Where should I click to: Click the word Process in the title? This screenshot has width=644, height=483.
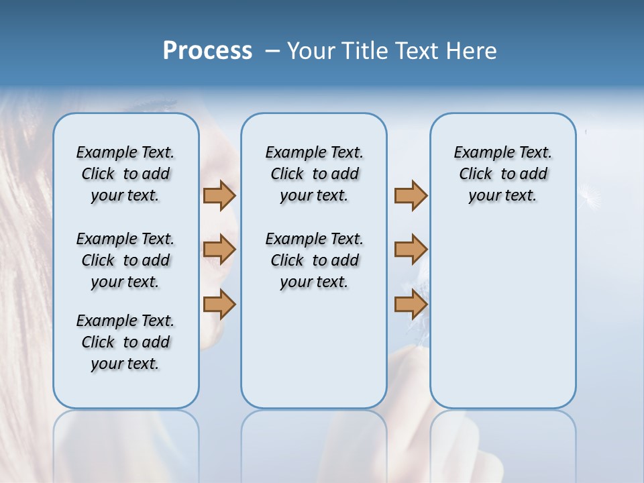(207, 51)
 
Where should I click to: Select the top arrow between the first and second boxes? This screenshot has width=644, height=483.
(219, 195)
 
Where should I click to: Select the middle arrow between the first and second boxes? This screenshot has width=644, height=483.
(219, 250)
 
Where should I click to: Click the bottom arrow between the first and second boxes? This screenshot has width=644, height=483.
(219, 304)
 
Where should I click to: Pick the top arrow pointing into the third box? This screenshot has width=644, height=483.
(411, 195)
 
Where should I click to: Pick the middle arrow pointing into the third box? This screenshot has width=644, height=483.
(411, 250)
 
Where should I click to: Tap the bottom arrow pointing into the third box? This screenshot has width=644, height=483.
(411, 304)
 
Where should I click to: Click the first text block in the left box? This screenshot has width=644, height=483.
(125, 174)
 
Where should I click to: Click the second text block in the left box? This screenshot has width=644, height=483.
(125, 260)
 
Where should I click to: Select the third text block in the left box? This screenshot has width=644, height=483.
(125, 342)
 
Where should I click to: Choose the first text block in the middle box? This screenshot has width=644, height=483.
(314, 174)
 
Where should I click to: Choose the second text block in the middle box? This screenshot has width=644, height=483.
(314, 260)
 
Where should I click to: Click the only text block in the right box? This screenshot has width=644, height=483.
(502, 174)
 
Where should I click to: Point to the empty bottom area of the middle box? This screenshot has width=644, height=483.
(314, 356)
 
